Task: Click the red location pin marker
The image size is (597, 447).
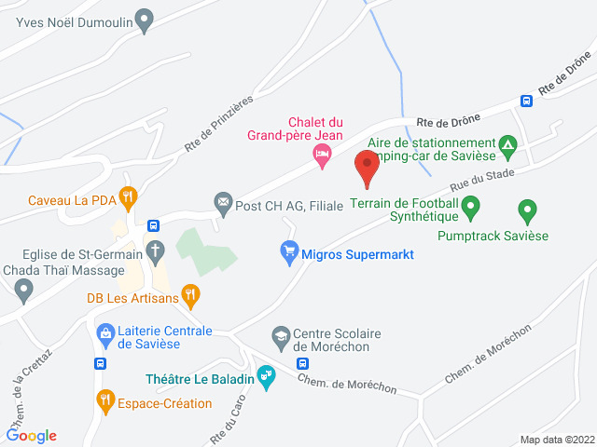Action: click(x=367, y=169)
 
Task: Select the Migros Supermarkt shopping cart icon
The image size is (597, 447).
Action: click(x=289, y=251)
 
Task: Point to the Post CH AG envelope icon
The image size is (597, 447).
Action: click(x=223, y=202)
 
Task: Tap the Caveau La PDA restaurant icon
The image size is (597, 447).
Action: click(x=129, y=197)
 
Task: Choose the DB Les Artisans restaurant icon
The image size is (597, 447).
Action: click(x=190, y=296)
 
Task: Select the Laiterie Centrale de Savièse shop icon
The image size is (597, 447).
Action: click(x=105, y=332)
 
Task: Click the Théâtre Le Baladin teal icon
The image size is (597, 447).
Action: click(x=267, y=377)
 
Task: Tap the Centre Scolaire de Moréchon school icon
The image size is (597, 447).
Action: click(x=280, y=335)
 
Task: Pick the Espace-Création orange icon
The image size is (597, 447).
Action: click(x=105, y=402)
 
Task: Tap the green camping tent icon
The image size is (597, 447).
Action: click(x=507, y=144)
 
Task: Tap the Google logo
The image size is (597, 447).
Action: click(x=32, y=435)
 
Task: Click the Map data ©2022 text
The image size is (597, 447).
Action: click(x=556, y=440)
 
